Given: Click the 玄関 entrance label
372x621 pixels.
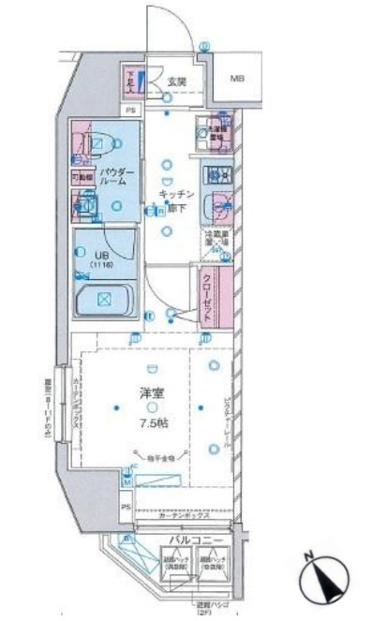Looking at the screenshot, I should (x=177, y=81).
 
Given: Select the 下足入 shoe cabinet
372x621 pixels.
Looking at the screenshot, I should (x=130, y=83).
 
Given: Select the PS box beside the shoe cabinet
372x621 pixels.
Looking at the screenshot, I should (x=130, y=109).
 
